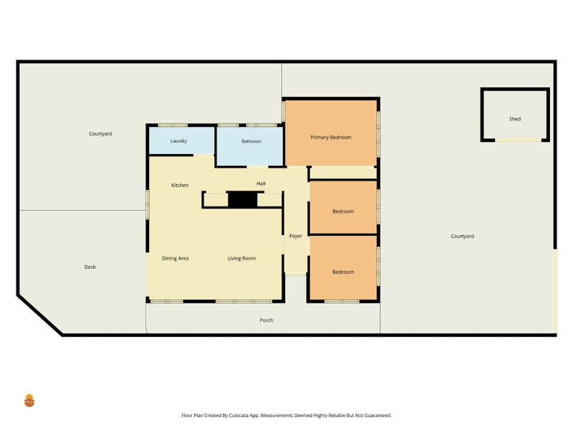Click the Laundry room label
tap(178, 141)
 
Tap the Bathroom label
tap(251, 141)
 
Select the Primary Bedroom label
tap(331, 138)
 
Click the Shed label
tap(515, 119)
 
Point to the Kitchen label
tap(180, 186)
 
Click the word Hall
tap(261, 183)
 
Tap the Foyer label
tap(296, 236)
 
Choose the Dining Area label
tap(175, 259)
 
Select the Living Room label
tap(241, 259)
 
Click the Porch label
tap(266, 320)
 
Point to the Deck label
tap(90, 267)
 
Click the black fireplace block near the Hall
tap(243, 200)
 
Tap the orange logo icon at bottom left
tap(29, 401)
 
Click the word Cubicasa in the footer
tap(240, 416)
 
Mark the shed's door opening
tap(518, 140)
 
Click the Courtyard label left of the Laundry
tap(100, 134)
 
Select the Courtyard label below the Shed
tap(462, 236)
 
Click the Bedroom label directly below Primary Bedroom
tap(343, 211)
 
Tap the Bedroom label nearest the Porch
tap(343, 272)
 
